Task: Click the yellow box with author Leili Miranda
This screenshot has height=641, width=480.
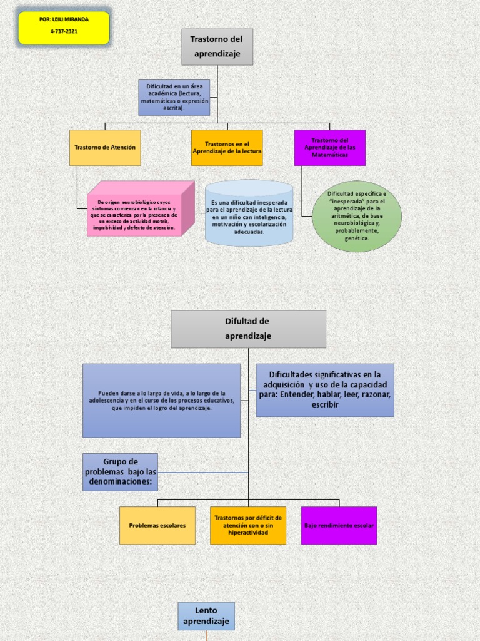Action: [x=64, y=28]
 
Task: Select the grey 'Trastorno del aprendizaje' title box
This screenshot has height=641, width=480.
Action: [x=217, y=47]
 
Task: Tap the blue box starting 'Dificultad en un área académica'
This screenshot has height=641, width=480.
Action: [x=174, y=97]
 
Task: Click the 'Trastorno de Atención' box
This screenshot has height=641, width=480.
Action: [x=105, y=148]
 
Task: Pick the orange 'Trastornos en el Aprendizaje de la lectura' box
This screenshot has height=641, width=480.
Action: [x=227, y=148]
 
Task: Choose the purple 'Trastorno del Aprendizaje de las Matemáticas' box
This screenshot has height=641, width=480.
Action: [x=330, y=148]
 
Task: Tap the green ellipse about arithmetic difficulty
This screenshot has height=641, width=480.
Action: [x=357, y=216]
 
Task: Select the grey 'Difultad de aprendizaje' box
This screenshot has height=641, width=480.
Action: [x=248, y=329]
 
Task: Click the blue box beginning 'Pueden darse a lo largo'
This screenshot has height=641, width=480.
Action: [x=161, y=400]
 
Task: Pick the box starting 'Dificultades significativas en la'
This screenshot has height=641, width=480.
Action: [x=325, y=389]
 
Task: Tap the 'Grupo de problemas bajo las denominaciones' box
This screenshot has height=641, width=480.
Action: [x=120, y=472]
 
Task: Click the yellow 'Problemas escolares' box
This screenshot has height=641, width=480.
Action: [x=157, y=525]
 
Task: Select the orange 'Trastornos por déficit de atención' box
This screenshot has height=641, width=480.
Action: [x=248, y=525]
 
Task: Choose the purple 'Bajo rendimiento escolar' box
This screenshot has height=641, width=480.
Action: [x=339, y=525]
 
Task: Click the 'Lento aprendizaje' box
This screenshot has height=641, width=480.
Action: [x=206, y=616]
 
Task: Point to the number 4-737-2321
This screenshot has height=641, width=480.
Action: [x=64, y=31]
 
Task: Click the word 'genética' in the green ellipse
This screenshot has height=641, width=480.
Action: [x=357, y=238]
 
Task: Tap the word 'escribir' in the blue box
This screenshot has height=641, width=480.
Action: [x=325, y=405]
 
